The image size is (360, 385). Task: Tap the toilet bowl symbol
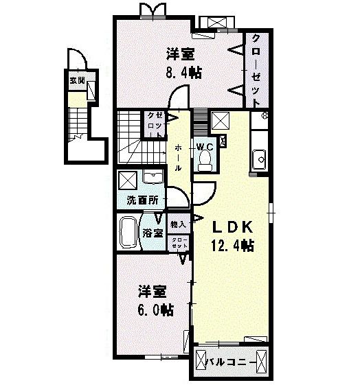[204, 160]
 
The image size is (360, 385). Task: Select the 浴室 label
[153, 233]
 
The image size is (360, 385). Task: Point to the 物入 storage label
[178, 224]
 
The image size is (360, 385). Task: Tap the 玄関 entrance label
[76, 80]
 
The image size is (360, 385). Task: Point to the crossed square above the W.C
[221, 121]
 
